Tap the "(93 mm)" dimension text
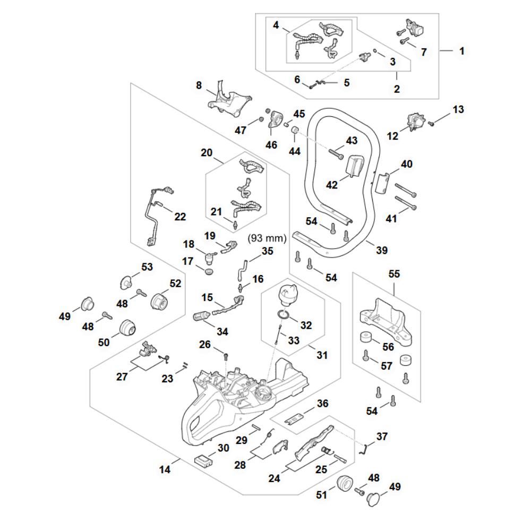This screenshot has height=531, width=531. point(267,238)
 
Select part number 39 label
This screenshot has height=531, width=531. point(381,250)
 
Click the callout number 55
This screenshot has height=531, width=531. point(394,275)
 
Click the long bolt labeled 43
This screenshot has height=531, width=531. point(338,153)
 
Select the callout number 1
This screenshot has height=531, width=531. point(461,52)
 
